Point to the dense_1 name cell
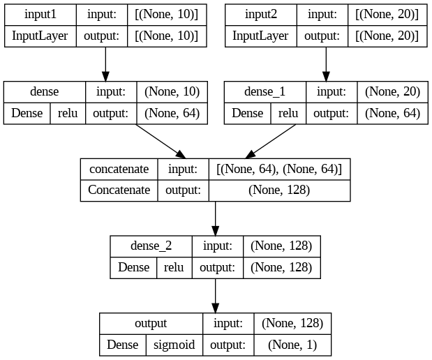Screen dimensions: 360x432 coord(265,92)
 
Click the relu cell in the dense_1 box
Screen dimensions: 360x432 coord(288,114)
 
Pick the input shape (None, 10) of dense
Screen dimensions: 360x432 coord(171,92)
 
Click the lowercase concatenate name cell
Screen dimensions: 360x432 coord(119,169)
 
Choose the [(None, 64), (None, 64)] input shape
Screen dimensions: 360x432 coord(279,169)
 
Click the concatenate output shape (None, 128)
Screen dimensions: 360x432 coord(279,190)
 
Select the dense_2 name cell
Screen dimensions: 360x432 coord(151,246)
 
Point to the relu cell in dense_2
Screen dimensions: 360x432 coord(173,267)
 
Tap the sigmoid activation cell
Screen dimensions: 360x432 coord(173,344)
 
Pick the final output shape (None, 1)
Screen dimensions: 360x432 coord(291,344)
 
